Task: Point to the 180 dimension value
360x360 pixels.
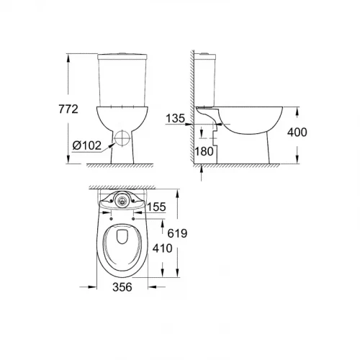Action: (x=205, y=151)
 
